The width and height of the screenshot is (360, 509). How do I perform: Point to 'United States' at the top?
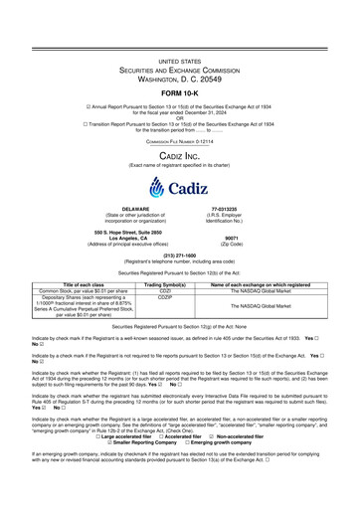[179, 62]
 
